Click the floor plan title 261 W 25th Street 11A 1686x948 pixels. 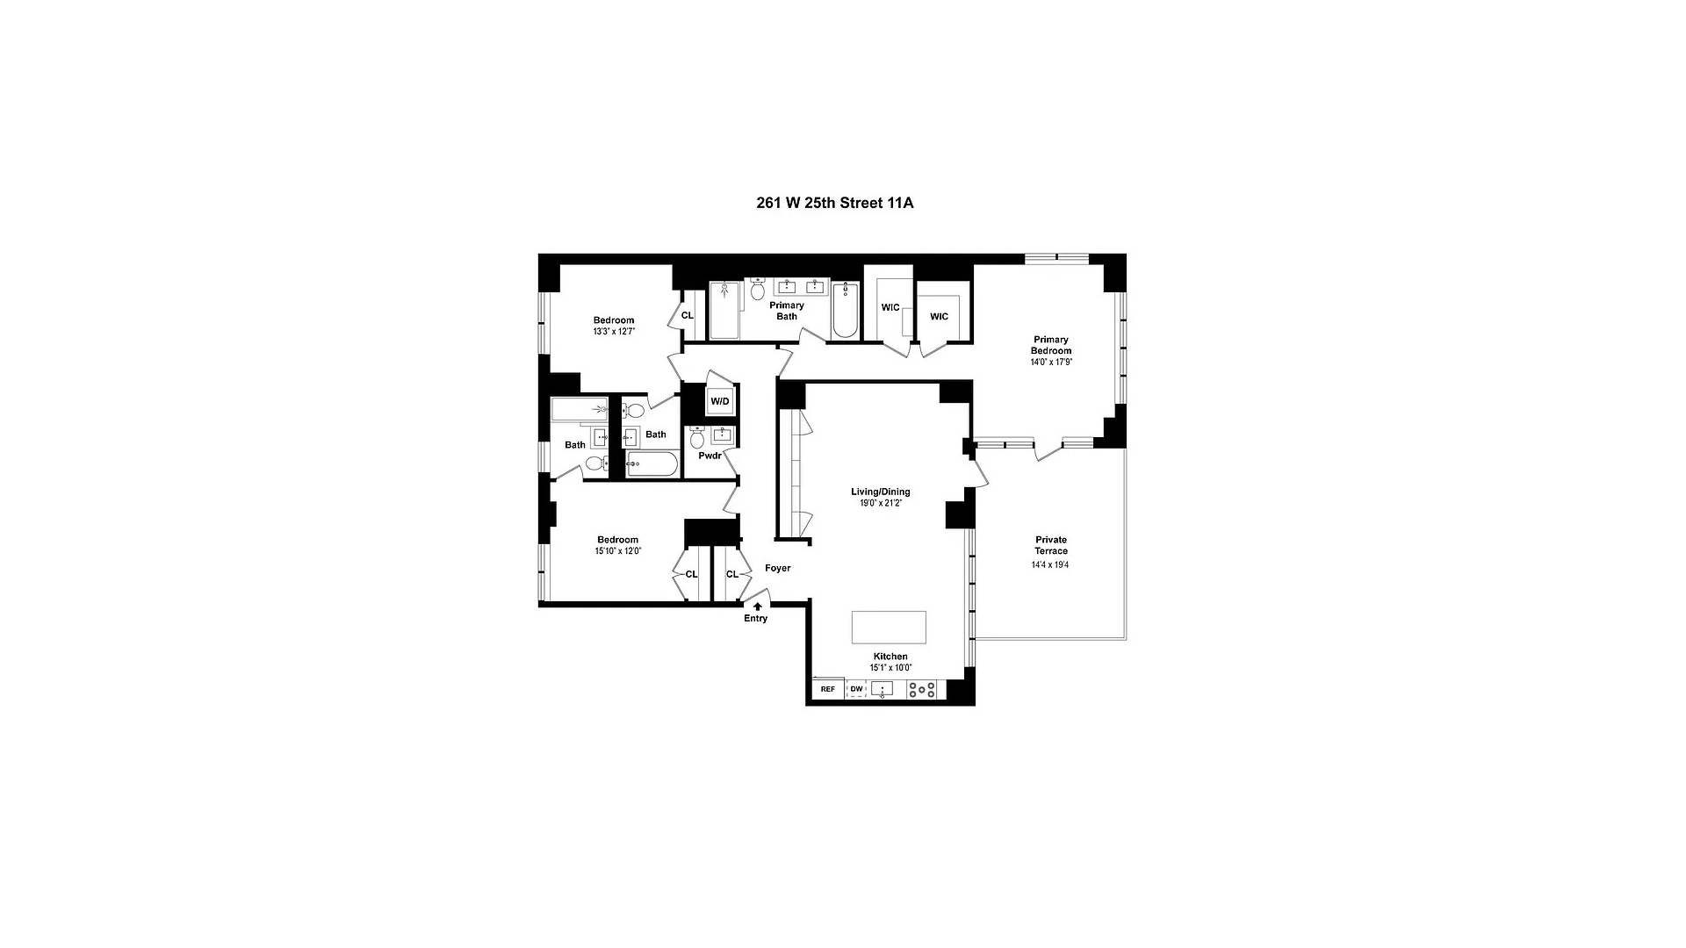(834, 203)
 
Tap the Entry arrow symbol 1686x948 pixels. (757, 606)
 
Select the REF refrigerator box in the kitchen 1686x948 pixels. (827, 689)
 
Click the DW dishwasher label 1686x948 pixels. (856, 689)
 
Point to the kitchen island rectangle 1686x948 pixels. (889, 627)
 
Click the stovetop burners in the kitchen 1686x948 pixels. (922, 690)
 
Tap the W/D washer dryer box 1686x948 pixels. (720, 401)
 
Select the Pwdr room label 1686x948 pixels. (710, 456)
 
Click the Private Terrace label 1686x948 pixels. (1050, 545)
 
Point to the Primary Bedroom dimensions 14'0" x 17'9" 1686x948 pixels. (1050, 362)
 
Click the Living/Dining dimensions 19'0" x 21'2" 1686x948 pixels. (880, 504)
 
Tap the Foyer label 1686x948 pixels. (777, 568)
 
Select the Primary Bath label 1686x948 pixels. (787, 311)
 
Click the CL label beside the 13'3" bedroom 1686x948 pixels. (688, 315)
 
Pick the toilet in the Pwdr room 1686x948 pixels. (697, 436)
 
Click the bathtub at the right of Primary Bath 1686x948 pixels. (845, 311)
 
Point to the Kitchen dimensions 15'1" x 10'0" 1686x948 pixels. (890, 668)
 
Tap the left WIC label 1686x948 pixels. (890, 307)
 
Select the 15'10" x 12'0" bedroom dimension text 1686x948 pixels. (617, 551)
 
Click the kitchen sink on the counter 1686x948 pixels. (881, 689)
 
